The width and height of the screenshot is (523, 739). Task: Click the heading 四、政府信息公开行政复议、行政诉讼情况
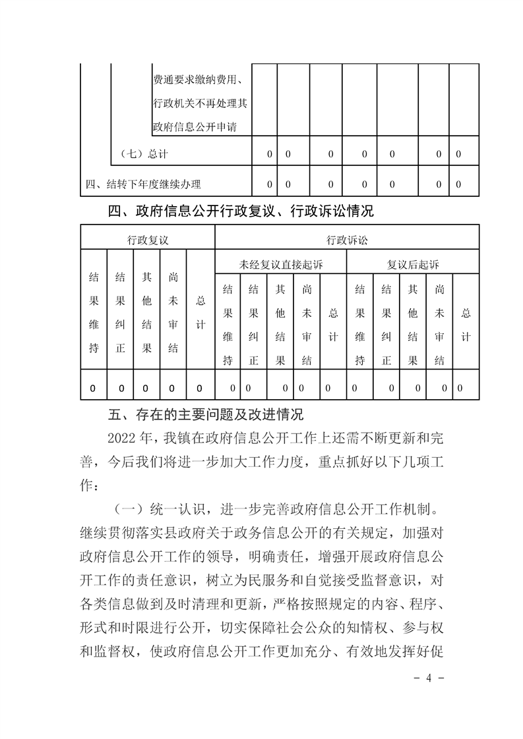click(x=241, y=211)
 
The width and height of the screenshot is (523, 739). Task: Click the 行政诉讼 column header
click(x=347, y=240)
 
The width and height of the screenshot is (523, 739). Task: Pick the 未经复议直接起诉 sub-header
click(x=281, y=265)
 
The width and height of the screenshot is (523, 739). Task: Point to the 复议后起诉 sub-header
click(x=413, y=265)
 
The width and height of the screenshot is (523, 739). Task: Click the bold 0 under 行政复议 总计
click(x=200, y=388)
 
